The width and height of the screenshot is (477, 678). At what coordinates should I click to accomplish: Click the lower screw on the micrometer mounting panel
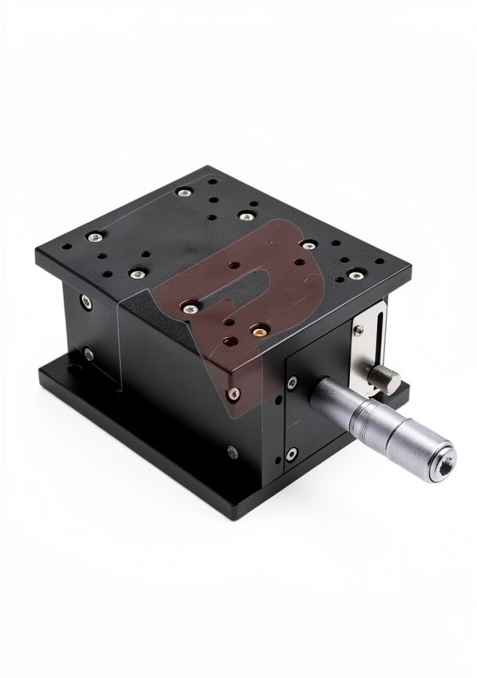coord(292,454)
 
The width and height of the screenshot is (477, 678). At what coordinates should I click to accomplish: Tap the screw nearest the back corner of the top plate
coord(184,190)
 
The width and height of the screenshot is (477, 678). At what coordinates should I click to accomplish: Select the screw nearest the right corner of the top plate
coord(355,274)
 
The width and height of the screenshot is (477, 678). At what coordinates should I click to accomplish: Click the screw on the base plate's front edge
coord(232,454)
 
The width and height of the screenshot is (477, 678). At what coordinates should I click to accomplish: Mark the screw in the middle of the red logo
coord(191,306)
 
